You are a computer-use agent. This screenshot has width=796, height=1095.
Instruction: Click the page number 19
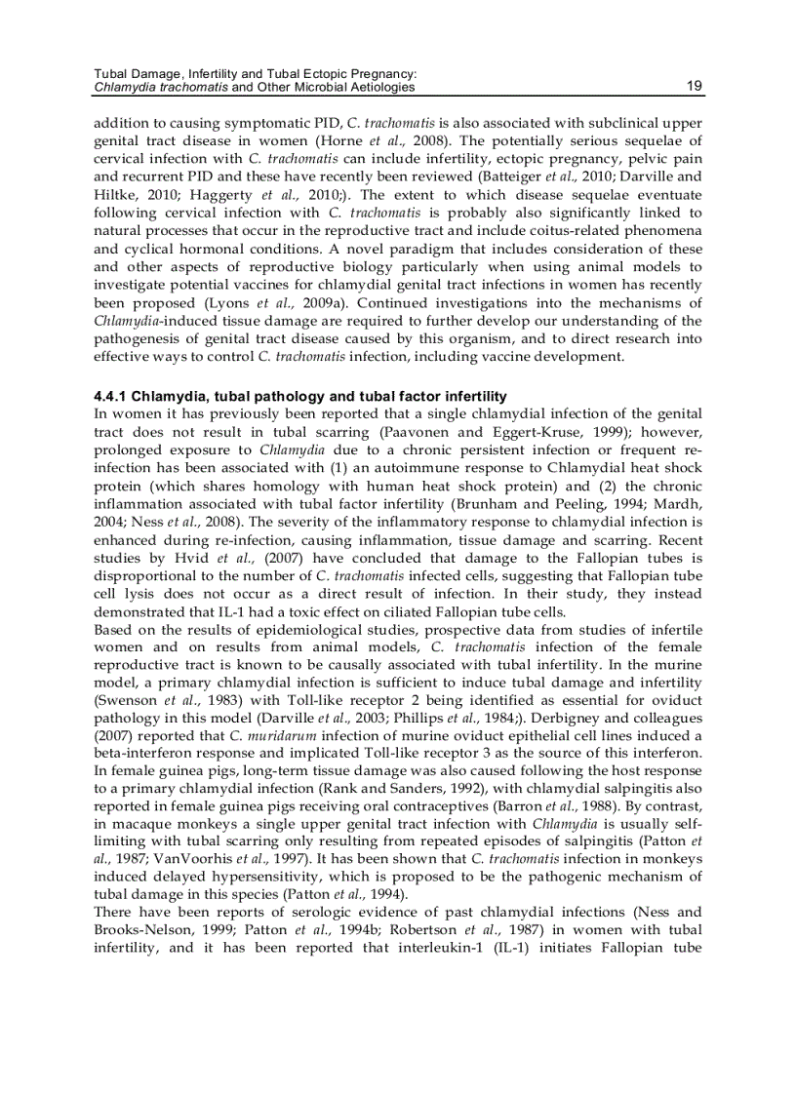[694, 87]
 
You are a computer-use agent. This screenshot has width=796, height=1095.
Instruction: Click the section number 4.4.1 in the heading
[110, 396]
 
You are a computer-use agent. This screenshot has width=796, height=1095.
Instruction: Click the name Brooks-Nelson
[141, 928]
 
